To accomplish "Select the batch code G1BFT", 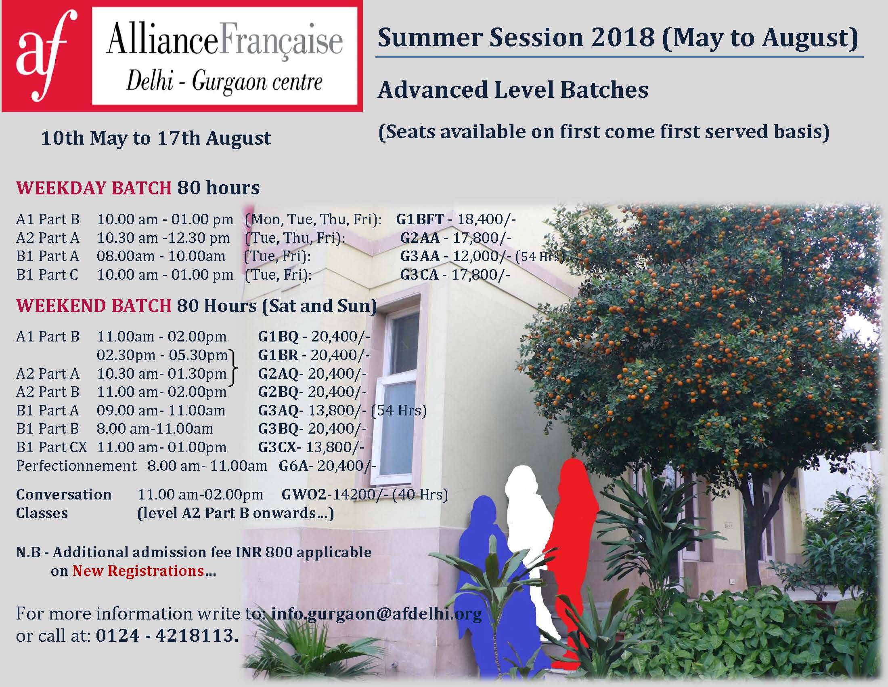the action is (420, 219).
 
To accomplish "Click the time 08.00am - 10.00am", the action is (161, 256).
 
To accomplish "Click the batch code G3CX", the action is (280, 447).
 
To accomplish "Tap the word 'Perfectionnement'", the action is (76, 466).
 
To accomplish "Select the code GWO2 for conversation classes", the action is (304, 495).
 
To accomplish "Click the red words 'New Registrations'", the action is (138, 571).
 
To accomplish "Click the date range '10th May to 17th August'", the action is (156, 138).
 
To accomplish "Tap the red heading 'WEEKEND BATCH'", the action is (94, 306).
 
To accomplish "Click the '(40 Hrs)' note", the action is (420, 495).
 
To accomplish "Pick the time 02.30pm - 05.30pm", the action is (162, 355).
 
